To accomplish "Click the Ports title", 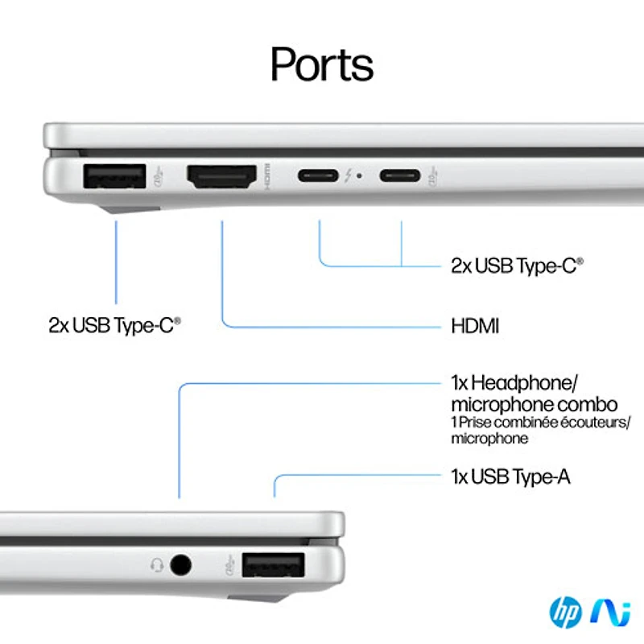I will click(321, 64).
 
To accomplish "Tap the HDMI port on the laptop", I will click(221, 176).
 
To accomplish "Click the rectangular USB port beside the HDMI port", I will click(115, 176).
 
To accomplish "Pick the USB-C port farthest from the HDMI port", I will click(401, 175).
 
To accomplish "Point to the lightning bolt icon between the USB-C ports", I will click(348, 175).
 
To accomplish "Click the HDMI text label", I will click(475, 326).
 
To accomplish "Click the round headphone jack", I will click(181, 565).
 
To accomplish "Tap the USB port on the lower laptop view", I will click(273, 565).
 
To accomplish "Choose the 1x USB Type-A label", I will click(510, 477).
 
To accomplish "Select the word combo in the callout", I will click(590, 404).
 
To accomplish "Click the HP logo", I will click(565, 613).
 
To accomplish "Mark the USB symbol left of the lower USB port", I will click(229, 564).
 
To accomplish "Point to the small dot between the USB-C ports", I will click(358, 175).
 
